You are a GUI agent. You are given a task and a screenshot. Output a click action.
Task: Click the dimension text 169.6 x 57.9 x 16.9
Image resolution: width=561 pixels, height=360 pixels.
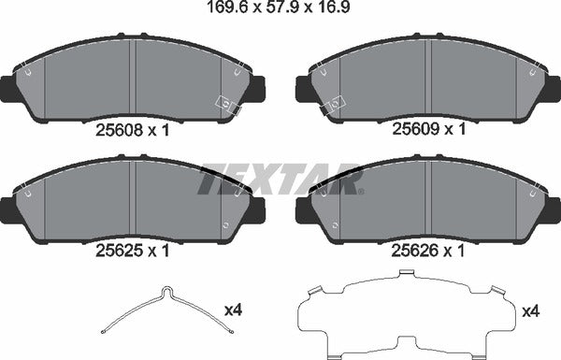[280, 11]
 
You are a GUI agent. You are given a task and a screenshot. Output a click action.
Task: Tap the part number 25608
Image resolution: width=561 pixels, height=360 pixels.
[120, 131]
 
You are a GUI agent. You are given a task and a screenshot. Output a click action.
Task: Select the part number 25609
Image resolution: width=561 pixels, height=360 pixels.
[414, 131]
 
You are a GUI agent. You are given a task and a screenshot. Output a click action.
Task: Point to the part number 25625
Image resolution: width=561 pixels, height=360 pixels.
[120, 250]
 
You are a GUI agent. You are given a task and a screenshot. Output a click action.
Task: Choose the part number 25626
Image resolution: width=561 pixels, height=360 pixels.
[414, 250]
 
